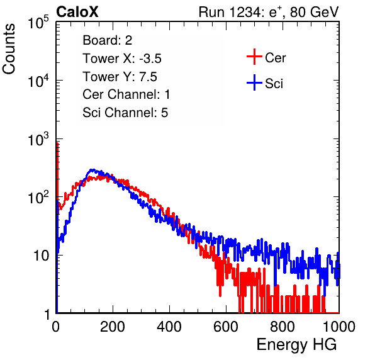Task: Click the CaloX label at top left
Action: [77, 12]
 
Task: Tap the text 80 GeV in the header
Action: [315, 12]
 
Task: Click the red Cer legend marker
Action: [254, 57]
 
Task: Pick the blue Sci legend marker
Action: [254, 82]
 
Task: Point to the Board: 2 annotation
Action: [108, 40]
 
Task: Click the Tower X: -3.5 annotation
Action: [122, 59]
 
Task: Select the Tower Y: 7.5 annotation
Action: [120, 77]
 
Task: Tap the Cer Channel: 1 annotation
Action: [126, 94]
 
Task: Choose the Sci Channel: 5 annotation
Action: [125, 113]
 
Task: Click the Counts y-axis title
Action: [9, 49]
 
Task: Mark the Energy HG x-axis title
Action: [297, 345]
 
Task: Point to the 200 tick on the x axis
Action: [113, 327]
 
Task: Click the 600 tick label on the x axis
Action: [226, 327]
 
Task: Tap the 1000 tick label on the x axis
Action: [339, 327]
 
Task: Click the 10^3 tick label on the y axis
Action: [38, 138]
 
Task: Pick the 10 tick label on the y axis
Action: [42, 256]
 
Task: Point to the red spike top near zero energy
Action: [57, 143]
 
